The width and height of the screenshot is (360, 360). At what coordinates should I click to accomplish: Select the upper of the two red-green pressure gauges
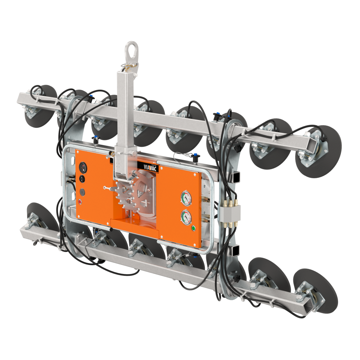click(x=186, y=198)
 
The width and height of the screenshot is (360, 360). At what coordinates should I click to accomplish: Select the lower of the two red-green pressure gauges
click(x=186, y=217)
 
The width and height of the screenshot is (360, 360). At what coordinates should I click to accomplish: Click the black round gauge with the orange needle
click(x=83, y=167)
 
